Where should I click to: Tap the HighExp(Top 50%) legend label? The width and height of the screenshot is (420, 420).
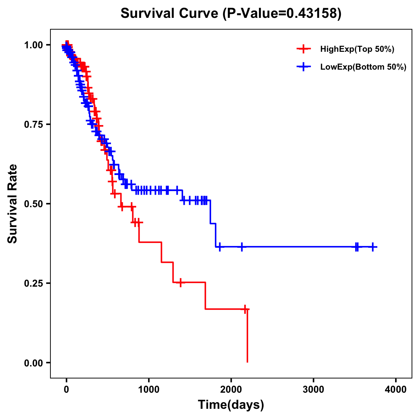(x=357, y=49)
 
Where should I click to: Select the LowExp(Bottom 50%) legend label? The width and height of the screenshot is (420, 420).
(x=363, y=67)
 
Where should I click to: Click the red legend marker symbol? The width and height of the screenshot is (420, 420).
(x=303, y=49)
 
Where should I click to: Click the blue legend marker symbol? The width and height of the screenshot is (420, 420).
(x=303, y=67)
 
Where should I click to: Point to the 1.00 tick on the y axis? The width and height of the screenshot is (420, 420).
(x=33, y=45)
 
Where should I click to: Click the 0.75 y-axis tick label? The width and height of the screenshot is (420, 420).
(x=33, y=124)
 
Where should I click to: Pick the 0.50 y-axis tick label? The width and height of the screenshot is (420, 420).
(x=33, y=204)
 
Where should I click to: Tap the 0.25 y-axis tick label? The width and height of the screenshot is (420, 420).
(x=33, y=283)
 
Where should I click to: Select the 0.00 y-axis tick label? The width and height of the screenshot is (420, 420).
(x=33, y=363)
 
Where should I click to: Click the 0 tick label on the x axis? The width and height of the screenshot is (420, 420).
(x=66, y=390)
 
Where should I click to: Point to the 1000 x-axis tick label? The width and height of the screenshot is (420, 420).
(x=149, y=390)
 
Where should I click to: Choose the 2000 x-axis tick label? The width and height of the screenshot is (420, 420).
(x=231, y=390)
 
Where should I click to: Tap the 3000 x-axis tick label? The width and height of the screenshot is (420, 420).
(x=313, y=390)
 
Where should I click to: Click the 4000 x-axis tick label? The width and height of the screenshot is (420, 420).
(x=396, y=390)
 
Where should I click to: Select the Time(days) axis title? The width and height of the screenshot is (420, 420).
(x=231, y=405)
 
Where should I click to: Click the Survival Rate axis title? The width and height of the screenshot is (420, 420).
(x=13, y=204)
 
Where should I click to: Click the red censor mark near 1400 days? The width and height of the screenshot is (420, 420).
(x=180, y=282)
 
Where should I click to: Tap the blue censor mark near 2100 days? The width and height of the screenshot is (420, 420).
(x=241, y=247)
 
